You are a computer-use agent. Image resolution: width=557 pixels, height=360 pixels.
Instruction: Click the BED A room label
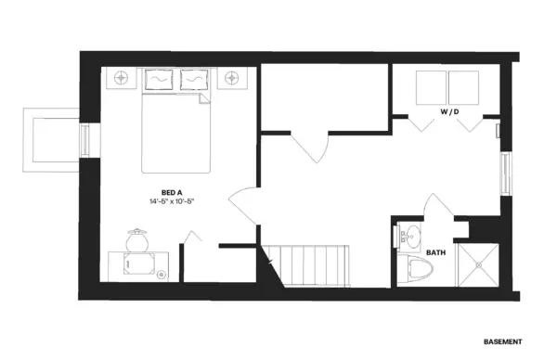(x=172, y=193)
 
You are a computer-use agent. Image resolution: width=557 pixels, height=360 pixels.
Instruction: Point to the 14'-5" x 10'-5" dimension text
(x=172, y=201)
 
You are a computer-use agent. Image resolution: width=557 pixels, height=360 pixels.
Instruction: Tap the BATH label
(x=436, y=252)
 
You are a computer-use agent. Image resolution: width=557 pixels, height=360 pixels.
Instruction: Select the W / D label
(x=449, y=112)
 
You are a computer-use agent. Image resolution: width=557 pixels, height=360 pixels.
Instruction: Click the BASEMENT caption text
(x=503, y=341)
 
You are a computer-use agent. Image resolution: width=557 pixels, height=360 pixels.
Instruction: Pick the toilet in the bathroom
(x=416, y=268)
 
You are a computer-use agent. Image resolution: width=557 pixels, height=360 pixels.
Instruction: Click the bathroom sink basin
(x=412, y=235)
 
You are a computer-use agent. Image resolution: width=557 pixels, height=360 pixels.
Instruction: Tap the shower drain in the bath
(x=478, y=264)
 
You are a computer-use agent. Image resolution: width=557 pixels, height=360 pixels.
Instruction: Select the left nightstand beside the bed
(x=121, y=78)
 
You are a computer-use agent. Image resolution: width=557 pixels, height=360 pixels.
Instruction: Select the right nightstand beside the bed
(x=232, y=78)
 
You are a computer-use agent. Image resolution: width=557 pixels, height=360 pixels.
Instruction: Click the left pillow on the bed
(x=159, y=80)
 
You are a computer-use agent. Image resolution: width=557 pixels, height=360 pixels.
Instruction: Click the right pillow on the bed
(x=194, y=80)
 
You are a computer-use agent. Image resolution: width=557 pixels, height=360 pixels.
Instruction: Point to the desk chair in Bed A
(x=137, y=240)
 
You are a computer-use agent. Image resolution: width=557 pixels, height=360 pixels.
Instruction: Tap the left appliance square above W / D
(x=431, y=88)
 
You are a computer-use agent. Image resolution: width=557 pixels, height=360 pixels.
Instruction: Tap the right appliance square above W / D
(x=463, y=88)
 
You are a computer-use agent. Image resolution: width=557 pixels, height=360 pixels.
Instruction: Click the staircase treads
(x=307, y=265)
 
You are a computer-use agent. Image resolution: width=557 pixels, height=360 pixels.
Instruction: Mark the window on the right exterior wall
(x=506, y=174)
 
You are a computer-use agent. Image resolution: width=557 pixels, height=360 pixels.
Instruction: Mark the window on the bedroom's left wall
(x=84, y=140)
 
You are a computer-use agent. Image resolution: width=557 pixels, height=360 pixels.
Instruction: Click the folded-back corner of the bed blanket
(x=204, y=98)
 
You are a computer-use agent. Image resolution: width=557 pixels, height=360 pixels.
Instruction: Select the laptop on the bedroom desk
(x=139, y=264)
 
